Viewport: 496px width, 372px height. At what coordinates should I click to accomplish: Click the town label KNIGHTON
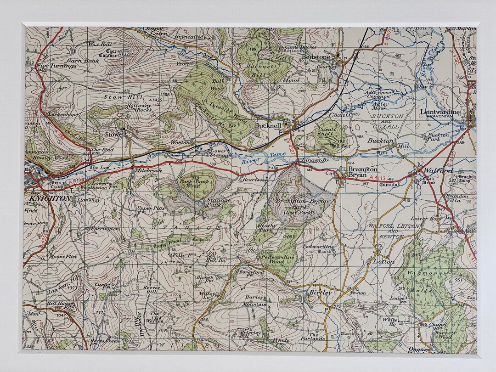point(50,198)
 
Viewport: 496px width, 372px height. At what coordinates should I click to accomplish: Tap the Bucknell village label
point(269,125)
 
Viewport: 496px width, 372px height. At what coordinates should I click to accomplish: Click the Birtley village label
point(320,293)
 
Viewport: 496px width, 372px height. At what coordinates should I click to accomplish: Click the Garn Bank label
point(83,60)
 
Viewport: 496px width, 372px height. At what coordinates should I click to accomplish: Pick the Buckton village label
point(381,141)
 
